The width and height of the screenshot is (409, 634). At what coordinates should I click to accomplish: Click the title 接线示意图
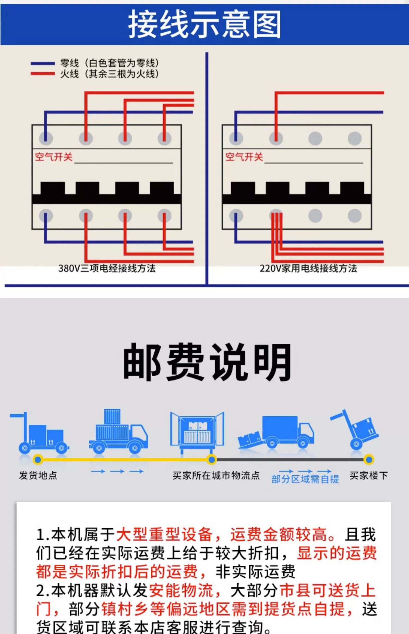tap(204, 25)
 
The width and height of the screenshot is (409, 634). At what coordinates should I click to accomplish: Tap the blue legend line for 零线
tap(43, 63)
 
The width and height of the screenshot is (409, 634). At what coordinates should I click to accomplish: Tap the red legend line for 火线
tap(43, 73)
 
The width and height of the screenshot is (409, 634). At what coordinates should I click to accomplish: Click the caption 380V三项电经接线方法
tap(107, 268)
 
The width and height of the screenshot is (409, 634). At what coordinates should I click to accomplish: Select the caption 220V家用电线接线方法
tap(308, 268)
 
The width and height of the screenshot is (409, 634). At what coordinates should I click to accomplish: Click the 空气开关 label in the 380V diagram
tap(54, 157)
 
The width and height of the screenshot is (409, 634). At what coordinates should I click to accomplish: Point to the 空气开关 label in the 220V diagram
tap(244, 157)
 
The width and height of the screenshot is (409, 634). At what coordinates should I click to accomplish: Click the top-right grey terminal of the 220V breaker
tap(355, 138)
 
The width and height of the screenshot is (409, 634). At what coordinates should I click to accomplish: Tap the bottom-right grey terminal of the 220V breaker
tap(355, 216)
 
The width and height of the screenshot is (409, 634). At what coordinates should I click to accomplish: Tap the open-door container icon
tap(197, 431)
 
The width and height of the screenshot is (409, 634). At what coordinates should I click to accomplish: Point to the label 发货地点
tap(38, 475)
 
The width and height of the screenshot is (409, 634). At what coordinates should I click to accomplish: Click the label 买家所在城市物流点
tap(216, 475)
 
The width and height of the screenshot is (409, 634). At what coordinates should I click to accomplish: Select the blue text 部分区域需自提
tap(305, 479)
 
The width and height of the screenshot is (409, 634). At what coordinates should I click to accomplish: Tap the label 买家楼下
tap(368, 475)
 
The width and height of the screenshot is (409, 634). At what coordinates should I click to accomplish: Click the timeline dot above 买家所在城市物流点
tap(212, 460)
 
